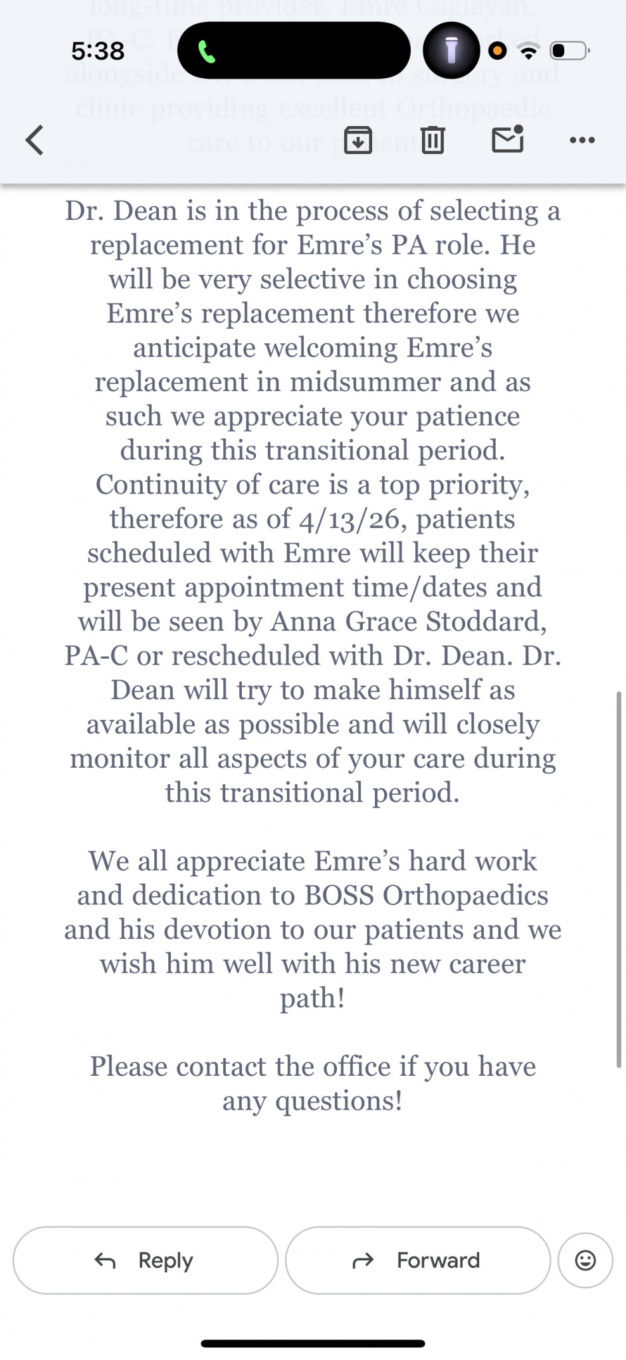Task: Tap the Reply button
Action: (x=145, y=1260)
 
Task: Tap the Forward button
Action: (x=417, y=1260)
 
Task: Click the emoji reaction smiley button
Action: (x=585, y=1260)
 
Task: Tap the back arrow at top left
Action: (x=35, y=140)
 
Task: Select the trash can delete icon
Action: (x=433, y=140)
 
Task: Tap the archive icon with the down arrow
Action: (x=358, y=140)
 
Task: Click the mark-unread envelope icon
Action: (x=508, y=139)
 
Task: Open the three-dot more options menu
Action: (x=582, y=140)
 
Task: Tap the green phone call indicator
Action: (x=207, y=51)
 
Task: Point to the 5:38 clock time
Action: (x=98, y=51)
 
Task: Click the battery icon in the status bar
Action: (x=570, y=50)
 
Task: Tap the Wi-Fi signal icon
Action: (x=529, y=50)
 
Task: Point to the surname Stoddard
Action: (x=486, y=622)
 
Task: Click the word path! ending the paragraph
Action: (x=312, y=998)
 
